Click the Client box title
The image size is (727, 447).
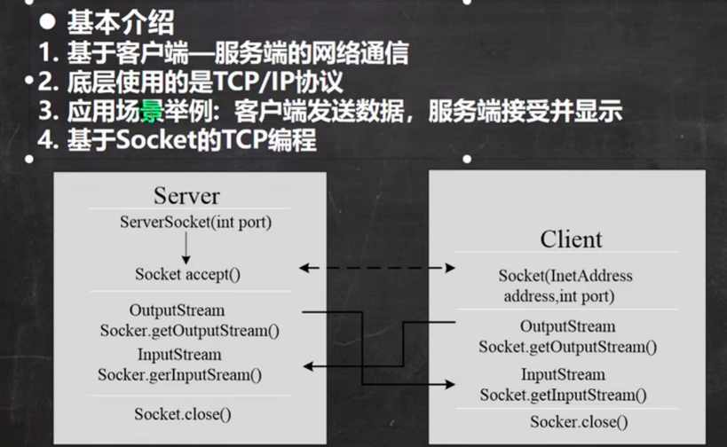571,239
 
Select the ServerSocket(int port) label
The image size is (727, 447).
195,222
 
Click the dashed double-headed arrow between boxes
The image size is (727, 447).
377,267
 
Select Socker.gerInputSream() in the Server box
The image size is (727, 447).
180,374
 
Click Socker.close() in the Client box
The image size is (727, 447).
579,422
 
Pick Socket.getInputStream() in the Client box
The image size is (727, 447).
563,394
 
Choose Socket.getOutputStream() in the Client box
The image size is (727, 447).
568,346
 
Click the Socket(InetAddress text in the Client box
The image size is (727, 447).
565,276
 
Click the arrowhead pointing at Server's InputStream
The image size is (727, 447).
307,365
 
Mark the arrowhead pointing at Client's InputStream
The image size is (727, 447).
450,385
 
